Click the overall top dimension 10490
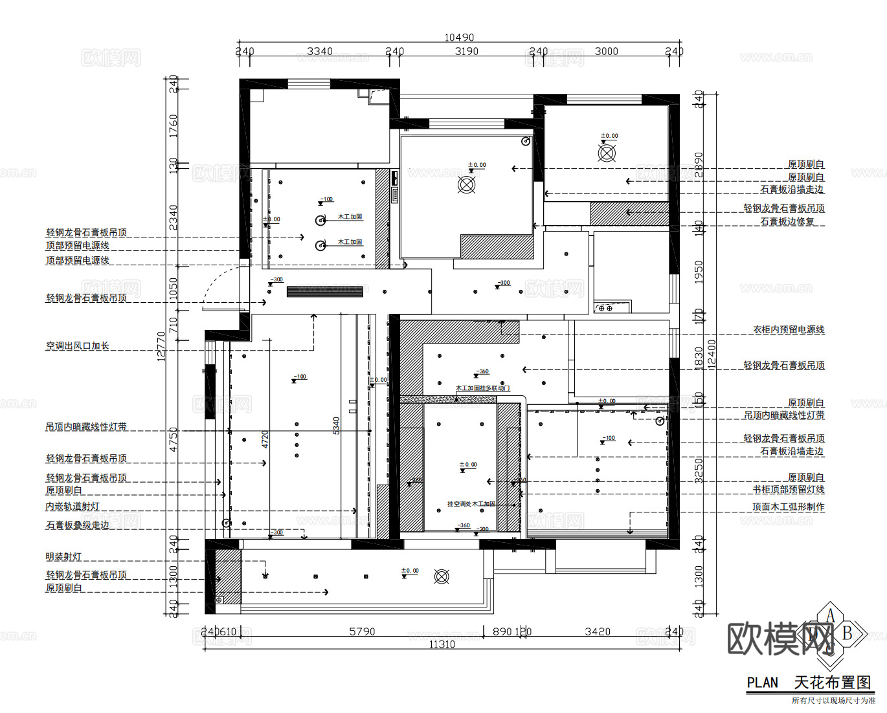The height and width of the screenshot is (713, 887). pyautogui.click(x=458, y=38)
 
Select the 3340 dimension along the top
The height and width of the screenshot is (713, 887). pyautogui.click(x=319, y=51)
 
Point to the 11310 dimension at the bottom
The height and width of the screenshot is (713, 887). pyautogui.click(x=442, y=644)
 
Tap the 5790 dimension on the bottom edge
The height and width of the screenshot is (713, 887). pyautogui.click(x=362, y=631)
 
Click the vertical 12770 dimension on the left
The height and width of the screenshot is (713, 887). pyautogui.click(x=161, y=346)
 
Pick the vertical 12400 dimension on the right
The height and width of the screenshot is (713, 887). pyautogui.click(x=712, y=354)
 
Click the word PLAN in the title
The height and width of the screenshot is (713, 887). pyautogui.click(x=762, y=683)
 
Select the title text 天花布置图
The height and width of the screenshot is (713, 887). pyautogui.click(x=832, y=683)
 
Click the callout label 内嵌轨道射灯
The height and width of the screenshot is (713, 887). pyautogui.click(x=73, y=507)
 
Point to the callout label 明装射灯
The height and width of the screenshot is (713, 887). pyautogui.click(x=63, y=557)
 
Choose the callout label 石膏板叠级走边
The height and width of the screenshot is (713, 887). pyautogui.click(x=77, y=525)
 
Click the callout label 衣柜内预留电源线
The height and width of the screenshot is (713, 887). pyautogui.click(x=789, y=330)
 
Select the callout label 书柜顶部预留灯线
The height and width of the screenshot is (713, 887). pyautogui.click(x=789, y=490)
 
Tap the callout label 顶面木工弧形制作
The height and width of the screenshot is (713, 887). pyautogui.click(x=789, y=507)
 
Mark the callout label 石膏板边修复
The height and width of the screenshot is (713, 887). pyautogui.click(x=787, y=221)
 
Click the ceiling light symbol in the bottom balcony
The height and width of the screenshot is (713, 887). pyautogui.click(x=442, y=576)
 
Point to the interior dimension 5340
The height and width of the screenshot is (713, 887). pyautogui.click(x=336, y=425)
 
